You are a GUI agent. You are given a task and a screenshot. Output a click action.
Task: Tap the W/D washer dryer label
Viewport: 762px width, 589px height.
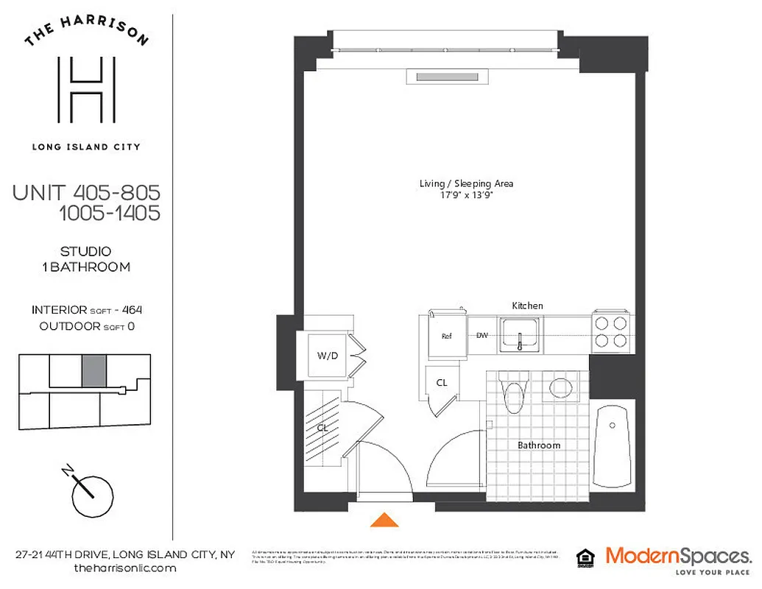pyautogui.click(x=327, y=356)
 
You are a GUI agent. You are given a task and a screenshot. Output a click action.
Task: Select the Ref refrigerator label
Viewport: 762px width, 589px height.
pyautogui.click(x=446, y=336)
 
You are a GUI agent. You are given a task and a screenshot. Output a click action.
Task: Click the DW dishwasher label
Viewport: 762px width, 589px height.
pyautogui.click(x=482, y=336)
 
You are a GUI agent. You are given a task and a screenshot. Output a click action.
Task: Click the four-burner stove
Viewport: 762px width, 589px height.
pyautogui.click(x=610, y=331)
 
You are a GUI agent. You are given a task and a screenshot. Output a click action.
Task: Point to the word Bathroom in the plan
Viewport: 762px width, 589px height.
pyautogui.click(x=538, y=445)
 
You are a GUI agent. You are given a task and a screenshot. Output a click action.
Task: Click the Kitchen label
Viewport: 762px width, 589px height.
pyautogui.click(x=527, y=306)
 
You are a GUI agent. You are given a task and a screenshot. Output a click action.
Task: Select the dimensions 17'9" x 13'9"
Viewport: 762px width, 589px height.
pyautogui.click(x=465, y=196)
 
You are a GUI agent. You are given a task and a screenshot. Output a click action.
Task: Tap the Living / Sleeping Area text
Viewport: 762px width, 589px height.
pyautogui.click(x=465, y=183)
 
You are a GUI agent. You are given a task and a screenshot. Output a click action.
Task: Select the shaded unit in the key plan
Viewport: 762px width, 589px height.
pyautogui.click(x=94, y=370)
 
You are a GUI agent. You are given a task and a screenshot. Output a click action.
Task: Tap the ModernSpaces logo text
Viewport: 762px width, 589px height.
pyautogui.click(x=678, y=555)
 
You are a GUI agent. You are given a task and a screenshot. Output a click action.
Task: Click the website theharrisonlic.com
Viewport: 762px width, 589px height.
pyautogui.click(x=125, y=568)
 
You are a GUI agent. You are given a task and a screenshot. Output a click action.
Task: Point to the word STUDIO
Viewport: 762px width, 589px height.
pyautogui.click(x=86, y=252)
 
